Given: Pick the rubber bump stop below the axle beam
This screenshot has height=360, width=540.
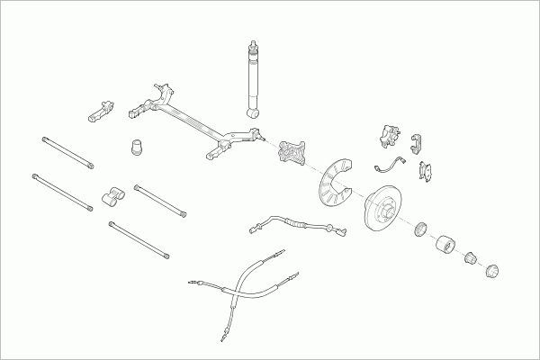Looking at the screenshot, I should (137, 146).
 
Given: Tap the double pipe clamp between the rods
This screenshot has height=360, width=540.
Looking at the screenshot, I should (112, 197).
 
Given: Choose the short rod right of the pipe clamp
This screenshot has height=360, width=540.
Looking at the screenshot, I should (160, 200).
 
